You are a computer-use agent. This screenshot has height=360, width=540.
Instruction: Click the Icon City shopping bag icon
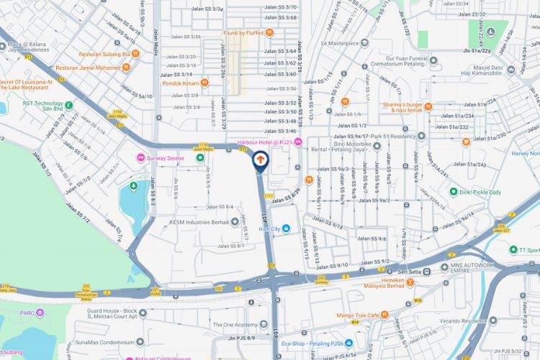click(287, 229)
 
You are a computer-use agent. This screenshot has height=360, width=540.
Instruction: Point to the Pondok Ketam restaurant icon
click(205, 83)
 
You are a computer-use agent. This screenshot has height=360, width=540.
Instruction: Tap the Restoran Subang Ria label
click(104, 53)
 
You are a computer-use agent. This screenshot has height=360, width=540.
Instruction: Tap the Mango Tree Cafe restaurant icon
click(384, 315)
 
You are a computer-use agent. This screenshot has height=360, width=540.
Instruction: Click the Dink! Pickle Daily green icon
click(454, 192)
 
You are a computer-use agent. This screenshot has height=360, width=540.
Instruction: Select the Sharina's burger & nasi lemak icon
click(428, 107)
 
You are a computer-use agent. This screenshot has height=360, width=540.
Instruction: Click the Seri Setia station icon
click(427, 271)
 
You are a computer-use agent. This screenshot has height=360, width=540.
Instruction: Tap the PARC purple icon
click(40, 312)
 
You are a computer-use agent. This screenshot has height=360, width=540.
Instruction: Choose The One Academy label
click(237, 325)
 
